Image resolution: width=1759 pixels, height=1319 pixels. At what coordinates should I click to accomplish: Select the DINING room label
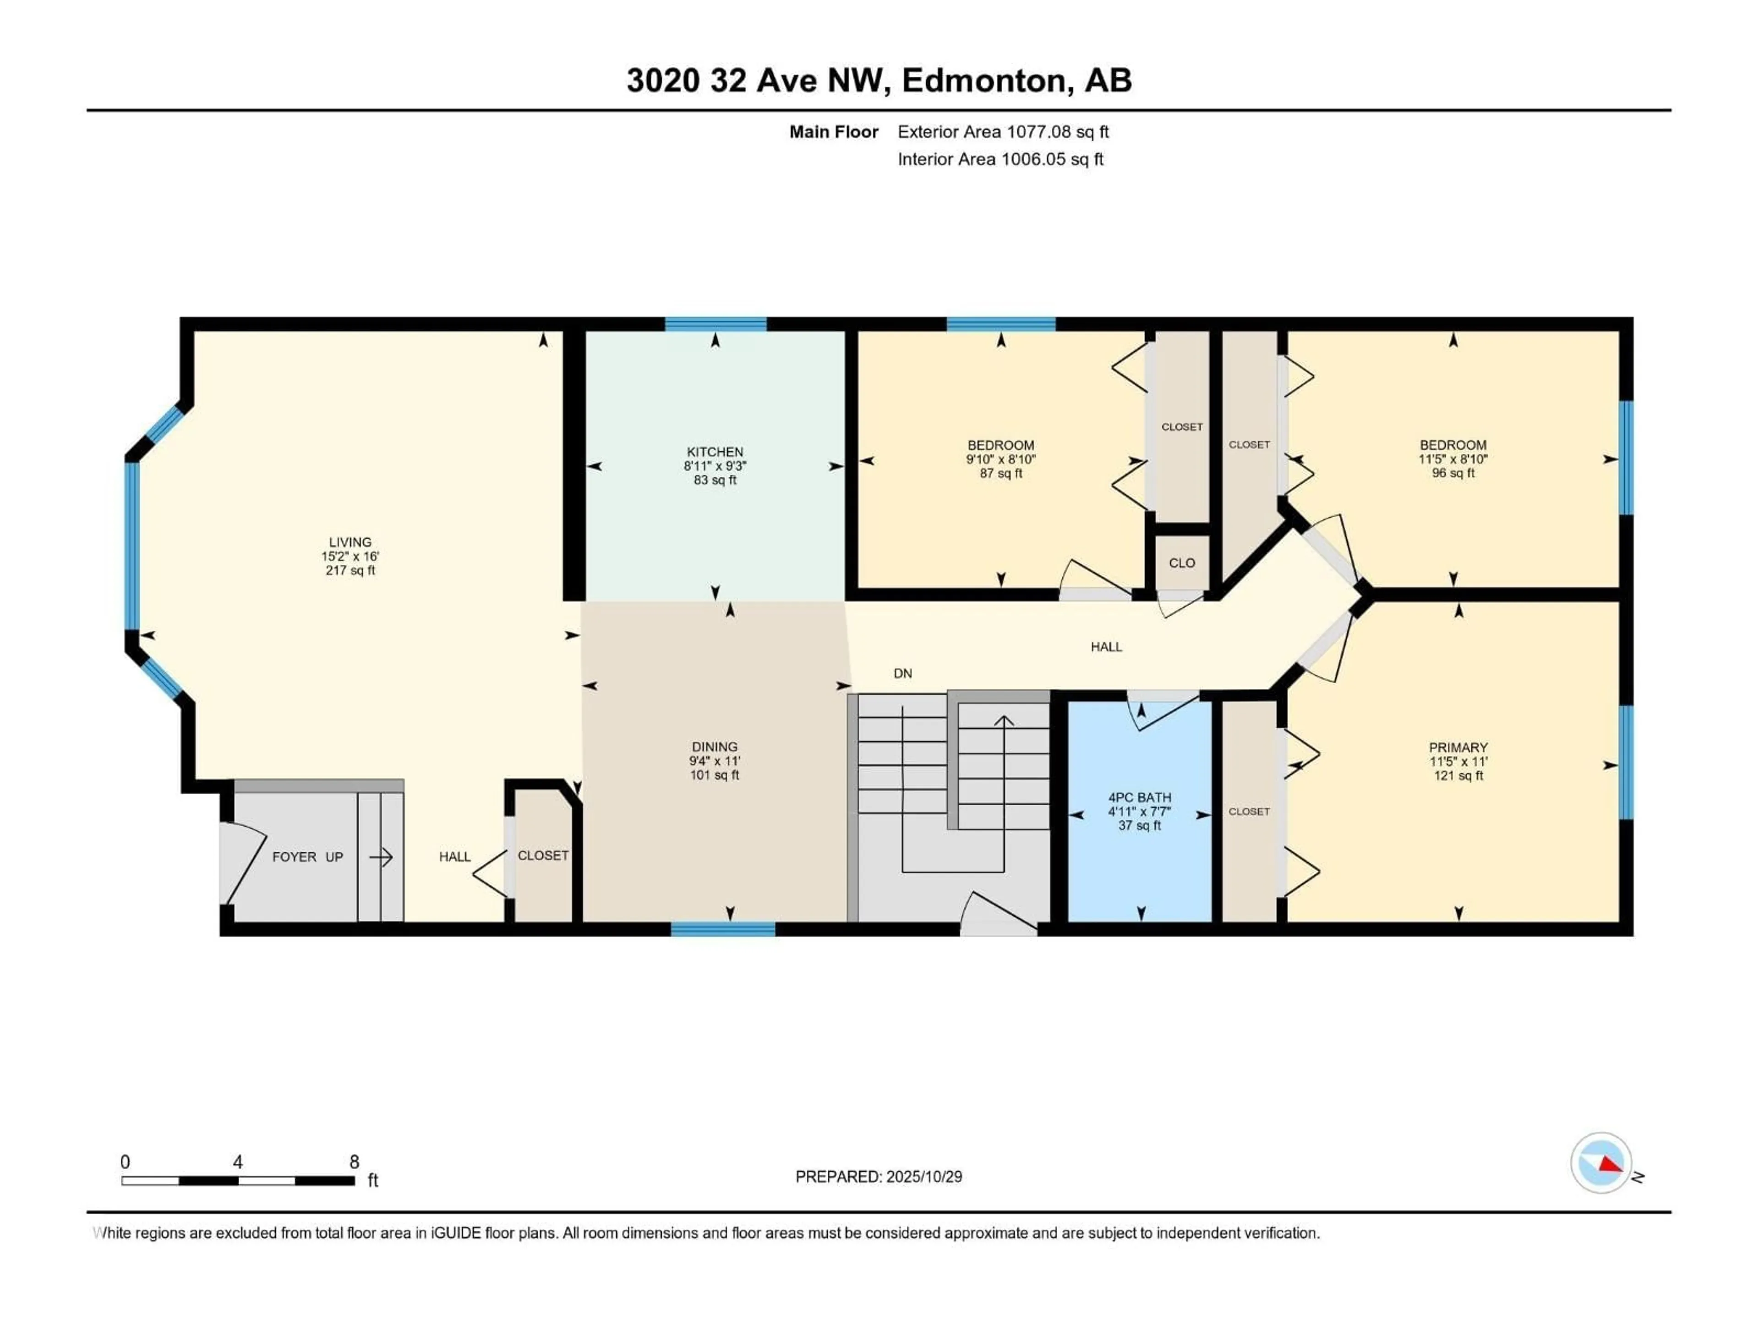(714, 747)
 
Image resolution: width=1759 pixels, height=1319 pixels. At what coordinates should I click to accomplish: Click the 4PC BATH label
(1140, 797)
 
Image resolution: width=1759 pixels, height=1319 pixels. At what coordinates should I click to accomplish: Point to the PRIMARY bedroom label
(1458, 747)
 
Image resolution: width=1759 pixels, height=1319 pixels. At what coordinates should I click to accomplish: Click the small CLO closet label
(1182, 563)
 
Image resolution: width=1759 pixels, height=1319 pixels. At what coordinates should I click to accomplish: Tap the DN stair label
(902, 673)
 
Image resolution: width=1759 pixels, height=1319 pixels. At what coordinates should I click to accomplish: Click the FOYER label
(294, 857)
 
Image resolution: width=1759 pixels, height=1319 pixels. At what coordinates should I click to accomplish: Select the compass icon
(1601, 1163)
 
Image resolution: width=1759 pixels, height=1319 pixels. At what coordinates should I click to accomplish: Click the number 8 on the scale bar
(355, 1161)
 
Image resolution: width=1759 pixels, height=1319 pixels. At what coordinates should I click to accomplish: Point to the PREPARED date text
(879, 1177)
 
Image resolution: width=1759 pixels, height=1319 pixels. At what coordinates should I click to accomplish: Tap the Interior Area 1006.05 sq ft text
(1000, 159)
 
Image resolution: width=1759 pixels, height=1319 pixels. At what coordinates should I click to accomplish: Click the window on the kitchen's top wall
(715, 324)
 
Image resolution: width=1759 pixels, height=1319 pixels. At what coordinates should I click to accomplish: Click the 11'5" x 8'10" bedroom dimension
(1453, 459)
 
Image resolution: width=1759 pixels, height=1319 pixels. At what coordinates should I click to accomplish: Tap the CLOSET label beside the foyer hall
(543, 856)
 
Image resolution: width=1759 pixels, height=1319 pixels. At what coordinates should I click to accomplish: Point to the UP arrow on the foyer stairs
(381, 857)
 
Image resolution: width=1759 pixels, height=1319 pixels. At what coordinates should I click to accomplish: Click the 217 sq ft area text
(350, 571)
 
